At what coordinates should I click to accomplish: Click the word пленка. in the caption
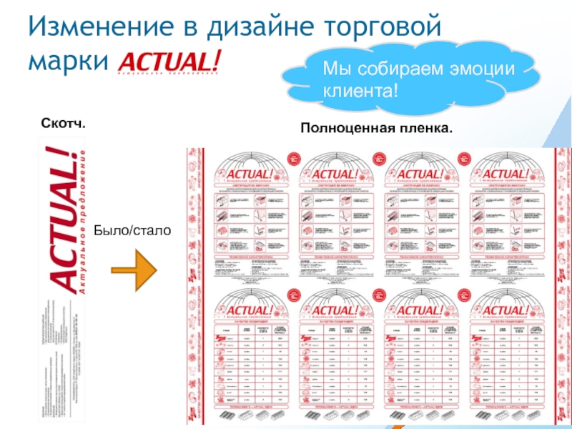coord(427,127)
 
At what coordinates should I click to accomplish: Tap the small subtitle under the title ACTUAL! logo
coord(167,74)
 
